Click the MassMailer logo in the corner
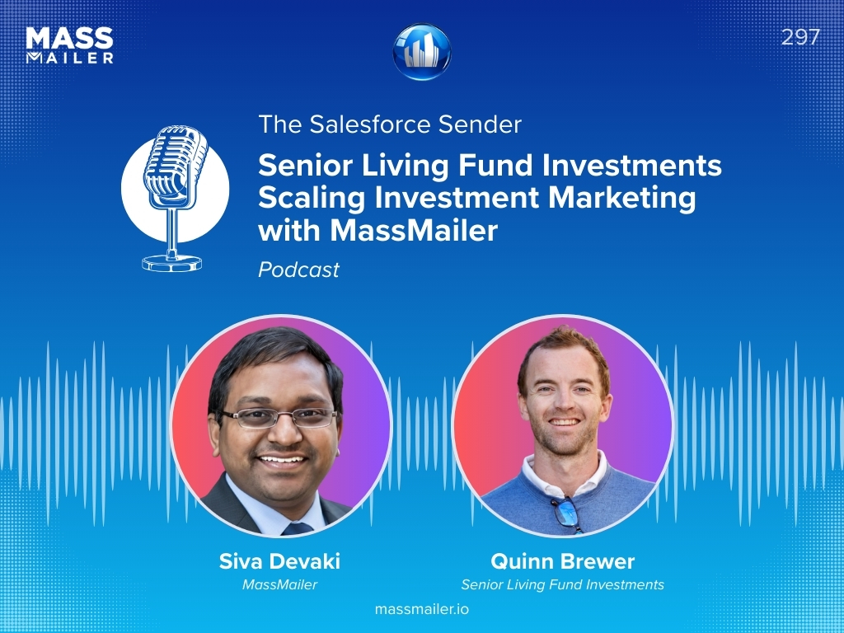tap(69, 45)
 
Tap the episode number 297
tap(800, 37)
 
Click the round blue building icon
tap(422, 52)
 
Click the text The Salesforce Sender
tap(390, 124)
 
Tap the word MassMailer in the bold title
tap(414, 232)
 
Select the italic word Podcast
tap(298, 270)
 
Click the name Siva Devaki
tap(279, 562)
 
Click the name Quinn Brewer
tap(562, 562)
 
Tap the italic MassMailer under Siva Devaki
tap(279, 585)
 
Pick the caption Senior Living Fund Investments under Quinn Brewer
tap(562, 585)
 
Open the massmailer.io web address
tap(422, 610)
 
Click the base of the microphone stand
tap(172, 262)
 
